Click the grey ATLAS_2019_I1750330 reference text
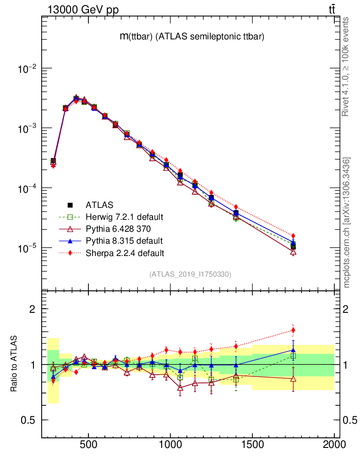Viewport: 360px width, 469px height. [x=190, y=274]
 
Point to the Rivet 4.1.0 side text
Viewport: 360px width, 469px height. [x=347, y=66]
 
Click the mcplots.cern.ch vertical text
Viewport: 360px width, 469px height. [x=347, y=222]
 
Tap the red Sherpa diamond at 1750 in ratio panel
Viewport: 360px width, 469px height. [x=293, y=330]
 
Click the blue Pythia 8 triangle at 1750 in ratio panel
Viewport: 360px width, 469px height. [x=293, y=350]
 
